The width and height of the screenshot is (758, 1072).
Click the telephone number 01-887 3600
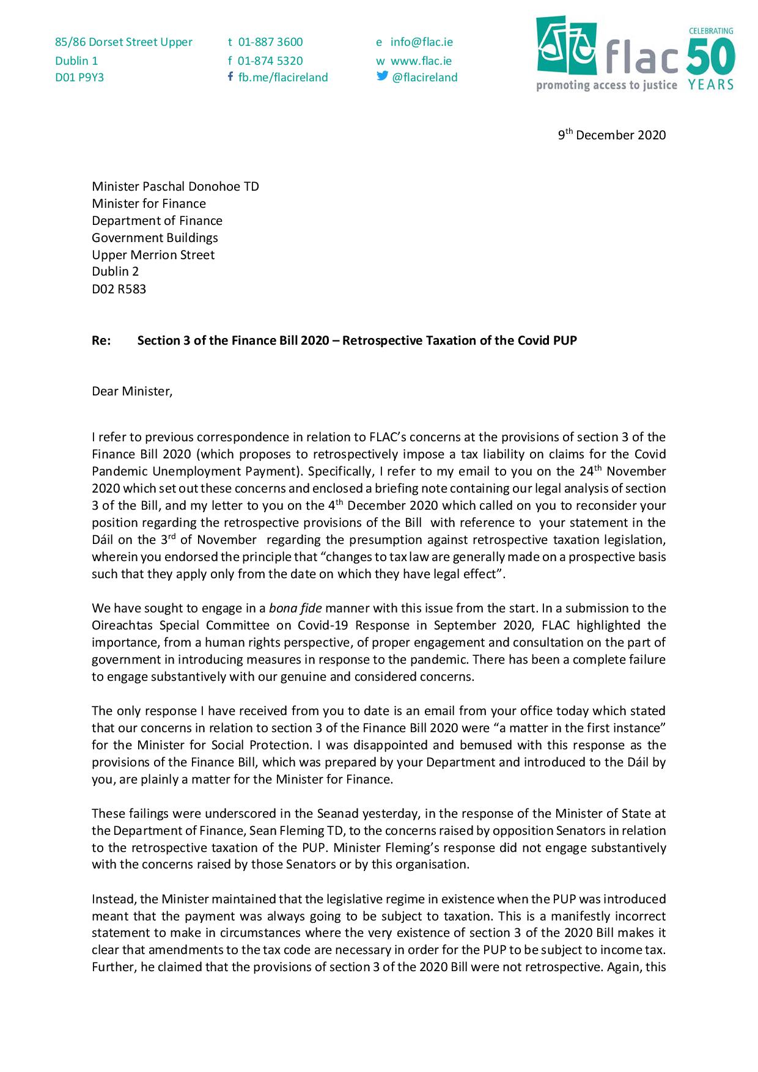click(270, 42)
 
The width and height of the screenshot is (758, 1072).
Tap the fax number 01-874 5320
click(270, 61)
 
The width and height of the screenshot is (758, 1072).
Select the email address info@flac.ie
click(422, 42)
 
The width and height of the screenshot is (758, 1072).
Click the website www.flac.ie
click(421, 61)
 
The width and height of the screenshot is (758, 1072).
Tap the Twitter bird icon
click(382, 76)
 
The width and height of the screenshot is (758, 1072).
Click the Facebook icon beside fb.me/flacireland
click(230, 76)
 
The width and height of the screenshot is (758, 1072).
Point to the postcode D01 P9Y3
click(79, 78)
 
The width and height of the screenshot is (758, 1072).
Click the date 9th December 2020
click(612, 135)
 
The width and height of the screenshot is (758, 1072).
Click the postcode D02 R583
click(119, 289)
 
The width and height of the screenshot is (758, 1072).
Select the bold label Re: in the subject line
click(101, 340)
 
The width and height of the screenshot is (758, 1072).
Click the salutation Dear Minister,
click(132, 391)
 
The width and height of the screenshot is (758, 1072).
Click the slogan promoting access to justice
click(606, 86)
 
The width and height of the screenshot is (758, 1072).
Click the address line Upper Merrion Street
click(153, 255)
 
